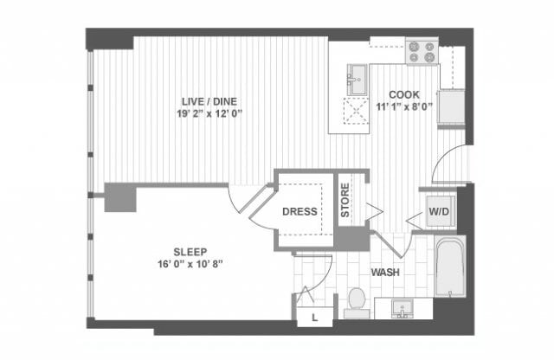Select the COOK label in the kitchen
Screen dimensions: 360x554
tap(404, 94)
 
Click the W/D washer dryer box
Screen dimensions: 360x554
tap(437, 211)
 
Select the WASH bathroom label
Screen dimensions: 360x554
tap(384, 273)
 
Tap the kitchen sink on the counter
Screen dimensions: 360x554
tap(355, 80)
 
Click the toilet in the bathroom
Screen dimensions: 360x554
tap(356, 301)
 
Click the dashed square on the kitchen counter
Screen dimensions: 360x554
tap(355, 112)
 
